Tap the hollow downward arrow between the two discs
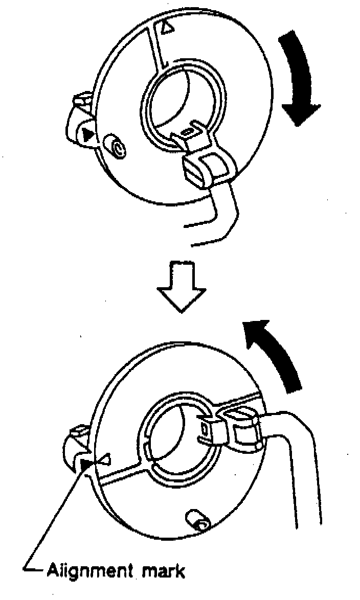pos(182,286)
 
